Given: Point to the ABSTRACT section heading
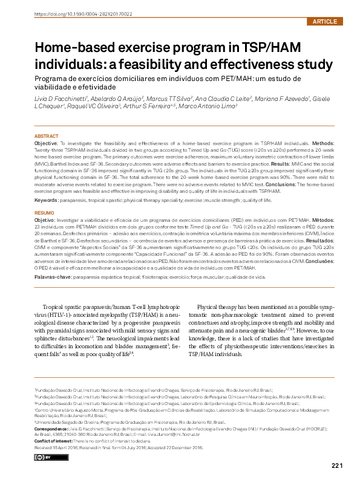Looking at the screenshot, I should pos(47,137).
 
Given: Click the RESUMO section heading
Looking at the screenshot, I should pos(44,213).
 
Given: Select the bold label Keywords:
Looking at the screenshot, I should pos(46,199).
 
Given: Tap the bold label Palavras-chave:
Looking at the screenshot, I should pos(52,276).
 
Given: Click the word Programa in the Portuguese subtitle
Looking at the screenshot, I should pos(53,79).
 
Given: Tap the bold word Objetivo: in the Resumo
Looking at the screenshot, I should pos(47,222).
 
